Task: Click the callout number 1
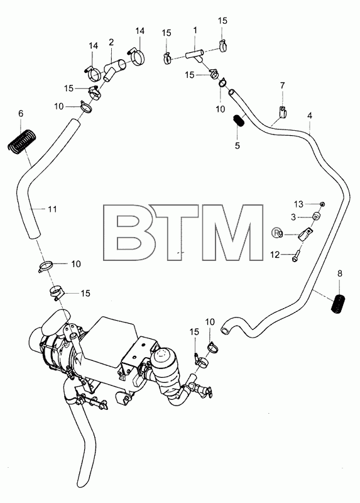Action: coord(195,30)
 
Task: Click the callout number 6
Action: coord(21,113)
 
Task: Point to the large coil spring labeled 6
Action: coord(21,140)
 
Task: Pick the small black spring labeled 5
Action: coord(238,121)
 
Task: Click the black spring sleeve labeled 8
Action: coord(338,304)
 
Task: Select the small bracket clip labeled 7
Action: coord(283,112)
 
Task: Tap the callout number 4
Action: coord(309,116)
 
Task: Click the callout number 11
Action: coord(52,209)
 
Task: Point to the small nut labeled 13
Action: coord(323,204)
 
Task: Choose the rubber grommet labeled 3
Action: coord(317,217)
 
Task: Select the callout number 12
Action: coord(275,255)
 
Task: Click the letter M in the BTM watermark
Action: coord(232,232)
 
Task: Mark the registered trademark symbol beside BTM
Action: coord(275,233)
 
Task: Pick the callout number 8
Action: coord(340,274)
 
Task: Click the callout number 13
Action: coord(298,204)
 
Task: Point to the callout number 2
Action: coord(111,42)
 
